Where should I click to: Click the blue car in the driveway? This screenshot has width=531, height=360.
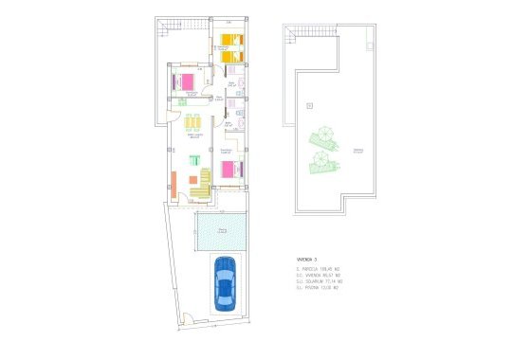point(225,283)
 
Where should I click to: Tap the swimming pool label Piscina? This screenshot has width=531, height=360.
point(222,230)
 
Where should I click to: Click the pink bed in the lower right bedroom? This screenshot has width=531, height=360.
point(231,170)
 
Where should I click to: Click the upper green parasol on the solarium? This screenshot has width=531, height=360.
point(324,138)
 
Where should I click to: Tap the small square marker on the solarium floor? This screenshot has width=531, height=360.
point(309,105)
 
